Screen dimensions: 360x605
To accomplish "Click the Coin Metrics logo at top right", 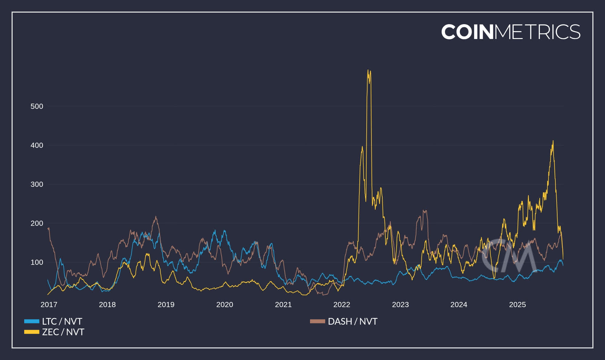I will click(511, 32).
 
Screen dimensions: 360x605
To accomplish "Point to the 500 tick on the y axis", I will click(37, 106).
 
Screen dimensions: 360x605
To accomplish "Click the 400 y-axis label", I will click(37, 145).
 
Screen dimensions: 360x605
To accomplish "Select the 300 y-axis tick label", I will click(37, 184).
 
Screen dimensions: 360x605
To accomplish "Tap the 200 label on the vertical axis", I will click(37, 223).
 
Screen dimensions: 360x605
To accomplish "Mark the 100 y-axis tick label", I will click(37, 262).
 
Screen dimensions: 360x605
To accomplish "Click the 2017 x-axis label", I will click(49, 305).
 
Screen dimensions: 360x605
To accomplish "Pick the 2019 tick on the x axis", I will click(166, 305).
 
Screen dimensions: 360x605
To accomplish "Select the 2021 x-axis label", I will click(283, 305).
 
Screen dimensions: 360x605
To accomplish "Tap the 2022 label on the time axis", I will click(342, 305).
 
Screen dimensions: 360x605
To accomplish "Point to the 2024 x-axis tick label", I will click(459, 305).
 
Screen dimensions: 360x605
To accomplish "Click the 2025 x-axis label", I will click(517, 305).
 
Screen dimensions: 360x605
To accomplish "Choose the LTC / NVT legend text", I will click(62, 321).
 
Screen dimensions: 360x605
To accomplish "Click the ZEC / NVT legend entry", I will click(63, 332).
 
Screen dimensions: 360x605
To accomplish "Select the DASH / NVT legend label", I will click(352, 321).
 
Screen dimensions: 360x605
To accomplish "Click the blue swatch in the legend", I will click(32, 321).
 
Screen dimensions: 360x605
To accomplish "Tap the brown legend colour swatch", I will click(317, 321).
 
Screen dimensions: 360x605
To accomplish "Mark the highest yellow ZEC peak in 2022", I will click(368, 70).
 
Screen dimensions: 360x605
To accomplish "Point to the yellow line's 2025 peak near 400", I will click(553, 141).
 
